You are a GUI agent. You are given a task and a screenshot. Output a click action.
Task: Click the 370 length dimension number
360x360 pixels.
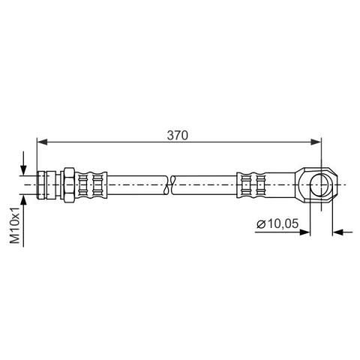[x=177, y=135]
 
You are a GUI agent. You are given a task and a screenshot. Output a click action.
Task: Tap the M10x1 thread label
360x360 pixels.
[x=15, y=225]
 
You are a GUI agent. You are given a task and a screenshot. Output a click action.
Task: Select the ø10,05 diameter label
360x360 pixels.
[x=277, y=223]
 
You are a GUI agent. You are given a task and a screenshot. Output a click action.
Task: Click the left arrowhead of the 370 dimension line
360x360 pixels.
[x=42, y=142]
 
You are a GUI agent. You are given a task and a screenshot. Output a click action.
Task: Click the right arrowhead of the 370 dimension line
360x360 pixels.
[x=316, y=142]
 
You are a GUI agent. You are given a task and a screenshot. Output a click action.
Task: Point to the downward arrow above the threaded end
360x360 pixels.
[x=23, y=163]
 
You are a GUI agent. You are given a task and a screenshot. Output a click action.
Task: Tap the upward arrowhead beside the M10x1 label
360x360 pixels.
[x=23, y=200]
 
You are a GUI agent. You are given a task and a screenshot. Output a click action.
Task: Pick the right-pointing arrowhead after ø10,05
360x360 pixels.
[x=304, y=232]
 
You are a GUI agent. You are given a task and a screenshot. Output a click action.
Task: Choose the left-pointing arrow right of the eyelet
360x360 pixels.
[x=343, y=232]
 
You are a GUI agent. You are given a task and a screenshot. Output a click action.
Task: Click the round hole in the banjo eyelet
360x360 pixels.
[x=321, y=184]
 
